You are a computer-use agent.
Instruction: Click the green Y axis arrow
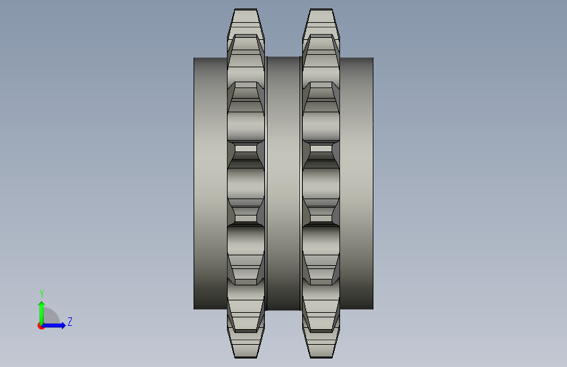[42, 313]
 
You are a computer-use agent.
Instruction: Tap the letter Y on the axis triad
[42, 294]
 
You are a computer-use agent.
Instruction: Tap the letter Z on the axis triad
[70, 321]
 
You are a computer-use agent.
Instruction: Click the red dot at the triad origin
[41, 326]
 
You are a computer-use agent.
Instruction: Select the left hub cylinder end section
[211, 183]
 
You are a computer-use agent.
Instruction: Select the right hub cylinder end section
[356, 183]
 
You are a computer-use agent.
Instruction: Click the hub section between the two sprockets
[284, 183]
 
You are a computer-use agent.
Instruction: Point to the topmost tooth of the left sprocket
[246, 22]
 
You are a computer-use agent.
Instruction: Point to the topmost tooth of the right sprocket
[321, 22]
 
